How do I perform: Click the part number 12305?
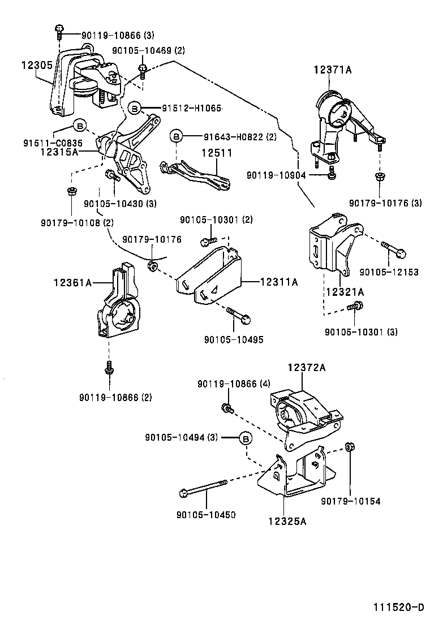pyautogui.click(x=37, y=66)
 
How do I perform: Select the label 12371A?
pyautogui.click(x=333, y=70)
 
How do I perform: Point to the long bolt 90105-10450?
pyautogui.click(x=204, y=488)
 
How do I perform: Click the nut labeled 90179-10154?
pyautogui.click(x=349, y=447)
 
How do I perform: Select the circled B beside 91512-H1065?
pyautogui.click(x=134, y=107)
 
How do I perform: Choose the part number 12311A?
pyautogui.click(x=278, y=281)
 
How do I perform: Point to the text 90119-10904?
pyautogui.click(x=276, y=175)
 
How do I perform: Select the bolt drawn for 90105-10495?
pyautogui.click(x=238, y=315)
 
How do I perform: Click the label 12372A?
pyautogui.click(x=307, y=368)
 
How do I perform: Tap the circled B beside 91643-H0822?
pyautogui.click(x=177, y=136)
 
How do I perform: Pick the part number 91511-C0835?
pyautogui.click(x=53, y=143)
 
